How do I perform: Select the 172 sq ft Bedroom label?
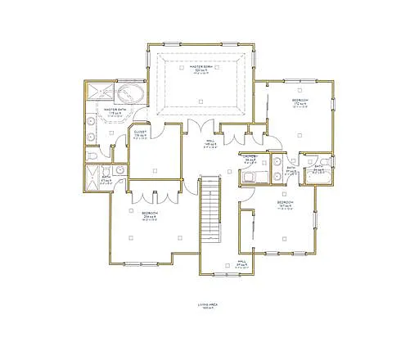[300, 102]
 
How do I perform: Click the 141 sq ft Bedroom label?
[284, 204]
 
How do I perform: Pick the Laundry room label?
[250, 158]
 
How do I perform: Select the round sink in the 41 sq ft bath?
[119, 170]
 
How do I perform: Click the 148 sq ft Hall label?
[210, 145]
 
